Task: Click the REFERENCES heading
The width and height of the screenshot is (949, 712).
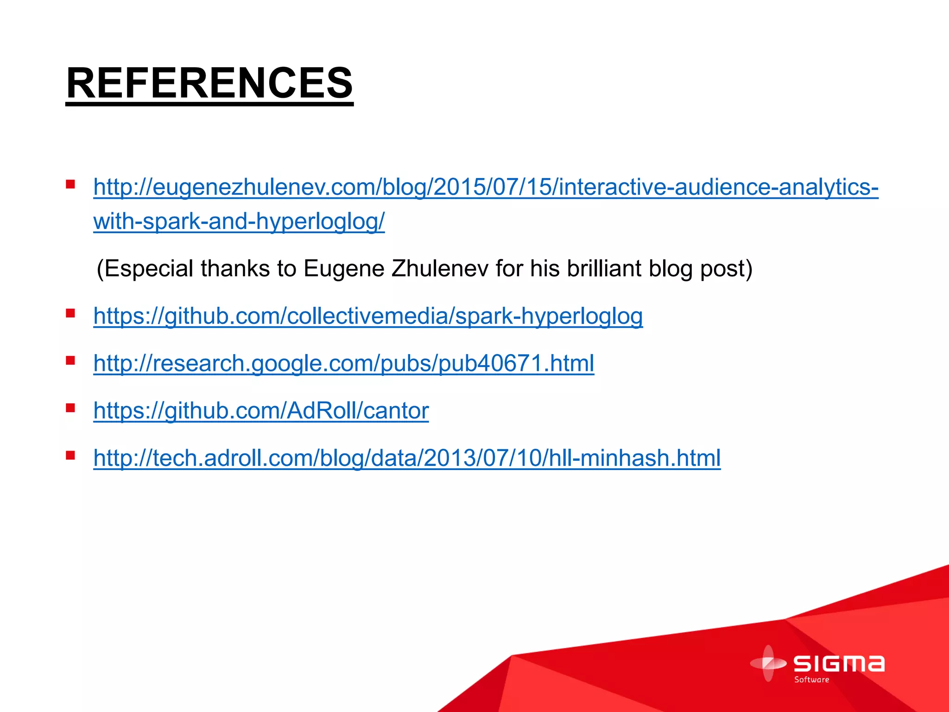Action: click(209, 83)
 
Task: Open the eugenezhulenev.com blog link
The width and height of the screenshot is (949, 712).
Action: click(486, 187)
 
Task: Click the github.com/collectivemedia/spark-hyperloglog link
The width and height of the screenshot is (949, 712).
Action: click(368, 317)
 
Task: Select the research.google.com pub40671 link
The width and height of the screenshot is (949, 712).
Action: click(343, 363)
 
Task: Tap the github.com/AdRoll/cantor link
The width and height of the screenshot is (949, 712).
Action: click(261, 411)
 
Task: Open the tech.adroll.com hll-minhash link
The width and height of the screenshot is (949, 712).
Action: click(407, 458)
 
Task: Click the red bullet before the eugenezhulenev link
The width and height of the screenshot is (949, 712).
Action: click(70, 185)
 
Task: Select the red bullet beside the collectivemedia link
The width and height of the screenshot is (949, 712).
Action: click(70, 314)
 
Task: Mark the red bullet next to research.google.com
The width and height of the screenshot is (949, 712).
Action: click(70, 361)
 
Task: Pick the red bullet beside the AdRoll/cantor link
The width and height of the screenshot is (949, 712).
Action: click(70, 408)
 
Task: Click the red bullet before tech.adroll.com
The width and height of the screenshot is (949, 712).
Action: click(70, 455)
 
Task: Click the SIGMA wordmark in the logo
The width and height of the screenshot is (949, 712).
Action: click(839, 663)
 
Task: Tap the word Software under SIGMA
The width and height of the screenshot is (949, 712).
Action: click(811, 680)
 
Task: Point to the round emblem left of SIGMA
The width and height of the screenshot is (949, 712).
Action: click(768, 663)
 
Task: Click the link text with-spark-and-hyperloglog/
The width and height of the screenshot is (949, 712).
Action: click(239, 222)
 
